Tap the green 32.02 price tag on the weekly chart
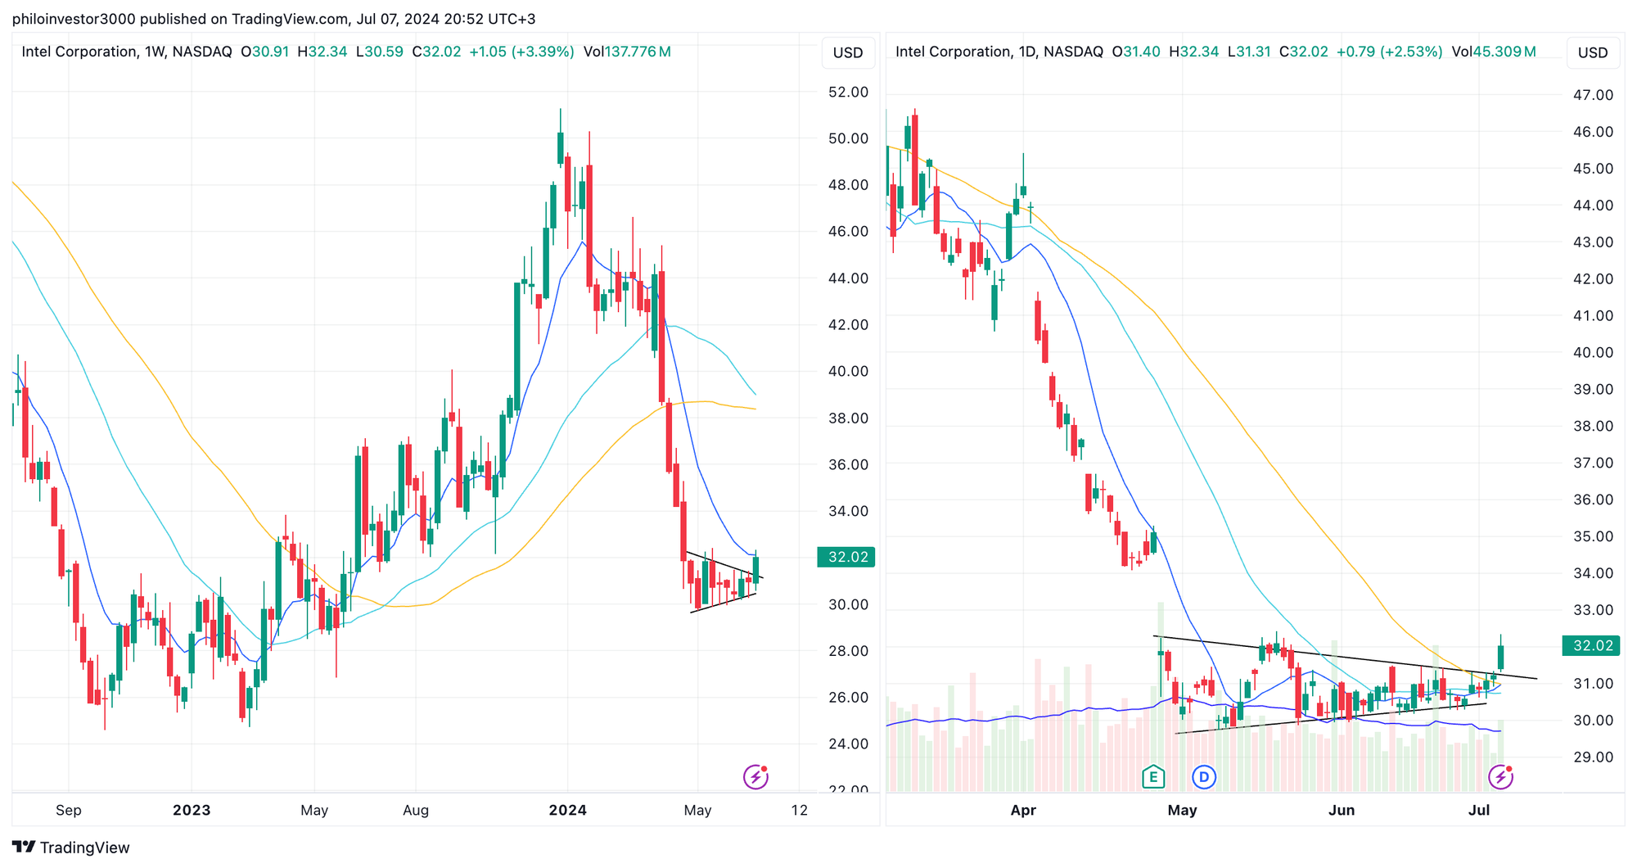click(x=846, y=558)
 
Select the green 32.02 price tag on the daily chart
click(x=1592, y=646)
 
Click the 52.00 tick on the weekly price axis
click(x=848, y=92)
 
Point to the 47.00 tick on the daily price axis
click(x=1593, y=95)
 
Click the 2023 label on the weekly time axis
click(x=192, y=811)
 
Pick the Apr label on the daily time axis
click(x=1023, y=811)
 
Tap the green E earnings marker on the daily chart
click(x=1153, y=776)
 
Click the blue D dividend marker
click(x=1204, y=776)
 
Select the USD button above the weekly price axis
click(x=848, y=52)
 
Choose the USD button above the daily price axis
click(x=1593, y=52)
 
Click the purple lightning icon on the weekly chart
click(x=755, y=776)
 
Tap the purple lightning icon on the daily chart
click(x=1500, y=776)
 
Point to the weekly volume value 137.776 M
click(x=638, y=52)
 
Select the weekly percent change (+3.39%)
click(x=543, y=52)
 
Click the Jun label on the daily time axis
click(x=1341, y=811)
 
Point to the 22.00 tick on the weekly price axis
click(x=848, y=790)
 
